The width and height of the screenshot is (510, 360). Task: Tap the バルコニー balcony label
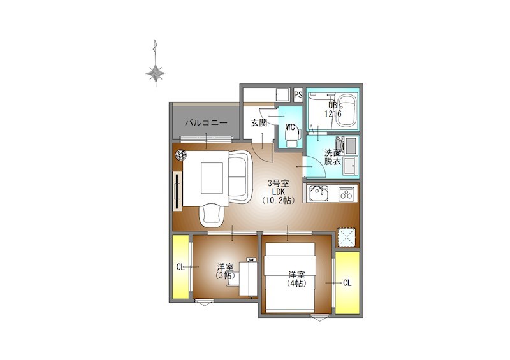coord(206,123)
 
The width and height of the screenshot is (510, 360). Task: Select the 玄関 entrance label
coord(259,123)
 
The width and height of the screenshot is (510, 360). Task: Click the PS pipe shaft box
coord(298,95)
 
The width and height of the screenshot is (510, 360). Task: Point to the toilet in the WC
coord(291,136)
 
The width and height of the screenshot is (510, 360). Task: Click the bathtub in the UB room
coord(346,111)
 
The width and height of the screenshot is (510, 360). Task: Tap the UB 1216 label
coord(333,110)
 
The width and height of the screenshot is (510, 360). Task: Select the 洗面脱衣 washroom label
coord(333,157)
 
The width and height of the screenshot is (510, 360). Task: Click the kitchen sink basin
coord(318,193)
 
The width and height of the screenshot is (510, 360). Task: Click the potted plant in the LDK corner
coord(180,155)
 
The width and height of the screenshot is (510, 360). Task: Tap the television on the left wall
coord(177,191)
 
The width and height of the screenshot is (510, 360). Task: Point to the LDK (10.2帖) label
coord(279,192)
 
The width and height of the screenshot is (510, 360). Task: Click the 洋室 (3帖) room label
coord(225,271)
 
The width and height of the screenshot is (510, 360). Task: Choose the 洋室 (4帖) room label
coord(296,278)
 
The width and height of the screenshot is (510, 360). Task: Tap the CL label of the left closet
coord(180,268)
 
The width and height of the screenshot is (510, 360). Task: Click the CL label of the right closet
coord(347,283)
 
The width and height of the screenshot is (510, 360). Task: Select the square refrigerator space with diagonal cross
coord(346,238)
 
